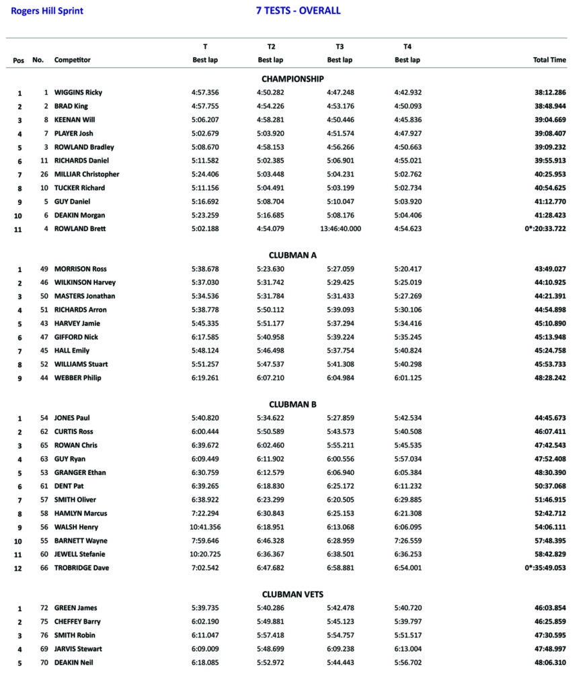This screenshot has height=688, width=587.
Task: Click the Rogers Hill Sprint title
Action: coord(47,11)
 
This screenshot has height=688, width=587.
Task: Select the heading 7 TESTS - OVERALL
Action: coord(298,11)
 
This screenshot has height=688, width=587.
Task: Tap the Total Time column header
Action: coord(549,60)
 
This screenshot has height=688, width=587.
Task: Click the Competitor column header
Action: coord(73,60)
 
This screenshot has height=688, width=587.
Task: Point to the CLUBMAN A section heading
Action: coord(292,255)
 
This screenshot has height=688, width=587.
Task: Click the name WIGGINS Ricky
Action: coord(78,93)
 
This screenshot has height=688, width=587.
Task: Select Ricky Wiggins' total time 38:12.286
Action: coord(549,93)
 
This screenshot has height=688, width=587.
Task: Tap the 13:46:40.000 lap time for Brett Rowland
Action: coord(340,228)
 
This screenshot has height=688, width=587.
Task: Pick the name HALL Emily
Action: coord(72,351)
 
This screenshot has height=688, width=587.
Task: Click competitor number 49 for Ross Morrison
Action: coord(44,269)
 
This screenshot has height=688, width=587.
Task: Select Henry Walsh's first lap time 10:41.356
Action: coord(205,527)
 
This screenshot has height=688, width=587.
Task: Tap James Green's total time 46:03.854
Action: coord(549,608)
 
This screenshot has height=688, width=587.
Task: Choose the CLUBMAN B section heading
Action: coord(292,404)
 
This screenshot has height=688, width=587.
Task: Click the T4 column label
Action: coord(407,47)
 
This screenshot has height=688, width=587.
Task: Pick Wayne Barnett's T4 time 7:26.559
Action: coord(407,541)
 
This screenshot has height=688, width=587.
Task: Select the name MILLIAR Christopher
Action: coord(87,174)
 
